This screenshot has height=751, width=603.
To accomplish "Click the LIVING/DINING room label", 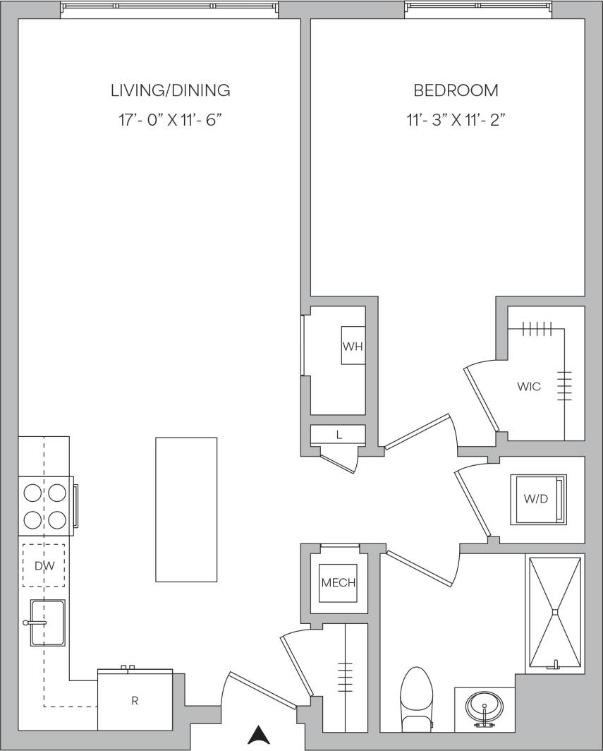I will [170, 90].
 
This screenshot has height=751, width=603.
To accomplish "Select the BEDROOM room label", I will [456, 90].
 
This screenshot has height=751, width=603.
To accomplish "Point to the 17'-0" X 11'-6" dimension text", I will [170, 120].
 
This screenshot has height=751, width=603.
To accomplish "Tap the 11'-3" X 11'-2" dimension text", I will [456, 120].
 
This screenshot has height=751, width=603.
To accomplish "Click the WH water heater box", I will [353, 346].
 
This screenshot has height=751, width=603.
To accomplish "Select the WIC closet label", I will [529, 387].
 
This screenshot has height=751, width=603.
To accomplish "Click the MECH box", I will [338, 583].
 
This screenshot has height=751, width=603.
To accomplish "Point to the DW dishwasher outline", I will [43, 565].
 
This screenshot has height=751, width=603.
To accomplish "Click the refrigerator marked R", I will [135, 700].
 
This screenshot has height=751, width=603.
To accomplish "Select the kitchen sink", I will [47, 623].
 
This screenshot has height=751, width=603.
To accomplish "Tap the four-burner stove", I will [45, 505].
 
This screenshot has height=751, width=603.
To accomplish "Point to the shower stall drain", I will [555, 611].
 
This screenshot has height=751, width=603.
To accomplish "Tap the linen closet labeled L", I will [339, 435].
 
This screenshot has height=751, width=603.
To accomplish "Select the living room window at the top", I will [170, 7].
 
